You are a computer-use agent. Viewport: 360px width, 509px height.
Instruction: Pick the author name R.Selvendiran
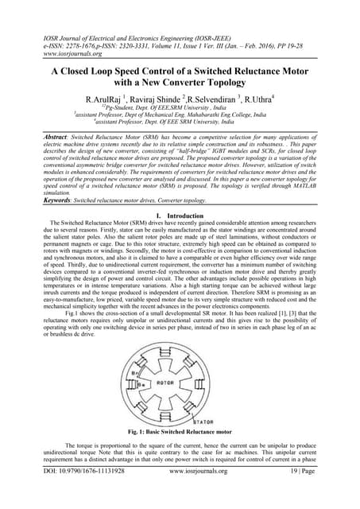tap(229, 101)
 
